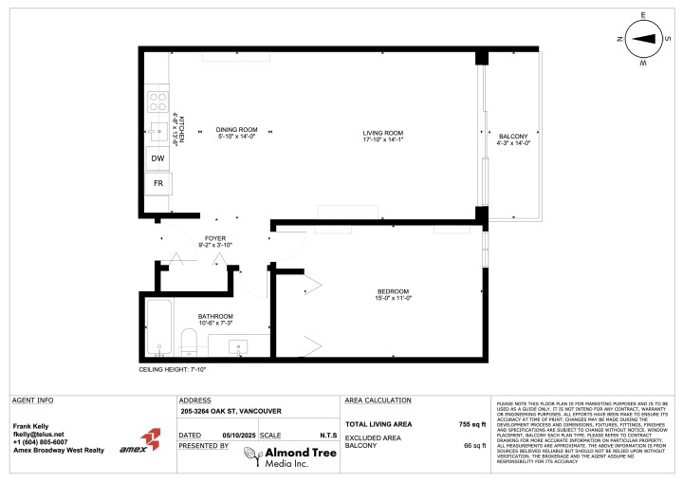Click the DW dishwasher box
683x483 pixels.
(157, 158)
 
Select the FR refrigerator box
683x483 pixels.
(157, 181)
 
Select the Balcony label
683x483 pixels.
(512, 137)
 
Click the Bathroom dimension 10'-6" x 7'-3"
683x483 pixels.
(215, 324)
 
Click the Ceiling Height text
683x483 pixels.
(173, 369)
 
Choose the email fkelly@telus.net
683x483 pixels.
(38, 434)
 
